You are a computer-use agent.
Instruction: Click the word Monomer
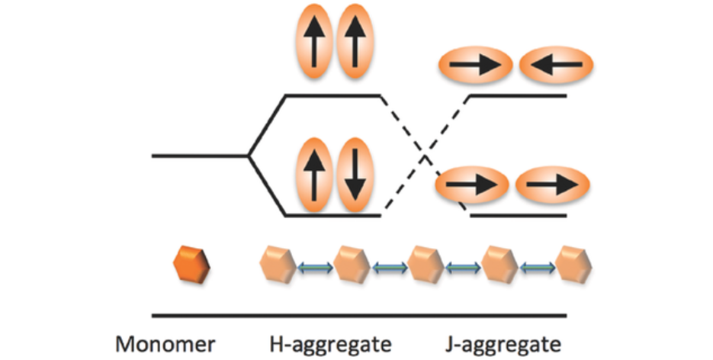click(165, 342)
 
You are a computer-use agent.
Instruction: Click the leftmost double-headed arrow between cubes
click(314, 266)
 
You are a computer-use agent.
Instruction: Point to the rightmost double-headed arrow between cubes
click(537, 266)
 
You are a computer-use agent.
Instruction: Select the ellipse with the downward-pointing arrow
click(355, 175)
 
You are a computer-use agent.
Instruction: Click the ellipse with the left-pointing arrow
click(556, 66)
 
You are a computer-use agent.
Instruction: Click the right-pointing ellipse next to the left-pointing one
click(474, 66)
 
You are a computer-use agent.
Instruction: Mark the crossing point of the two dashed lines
click(424, 155)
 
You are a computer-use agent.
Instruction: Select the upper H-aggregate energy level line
click(332, 95)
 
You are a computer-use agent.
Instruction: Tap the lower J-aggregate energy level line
click(519, 216)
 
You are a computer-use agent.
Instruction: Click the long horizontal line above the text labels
click(358, 314)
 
